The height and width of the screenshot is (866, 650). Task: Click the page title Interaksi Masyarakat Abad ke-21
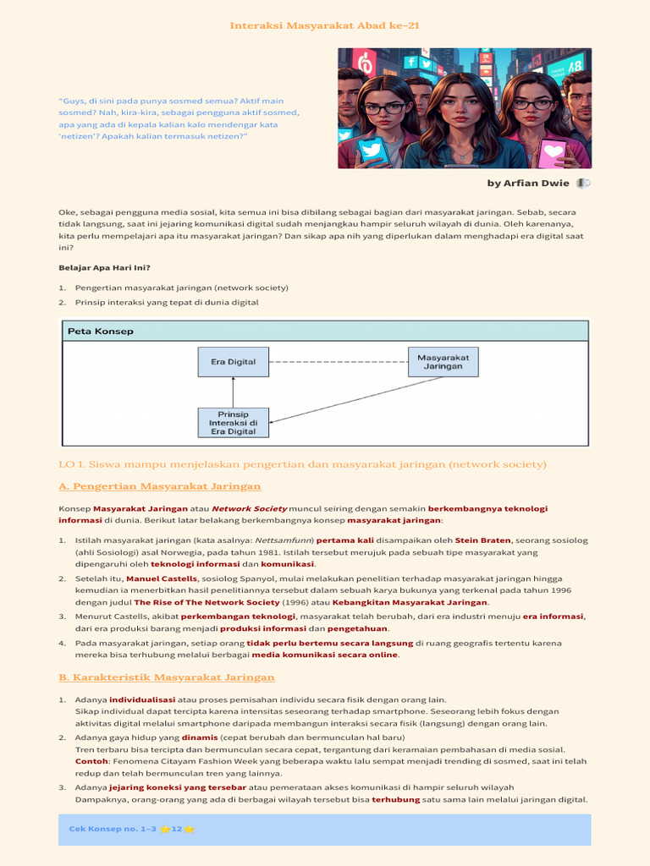[325, 25]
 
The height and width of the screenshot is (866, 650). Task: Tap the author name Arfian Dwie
[528, 184]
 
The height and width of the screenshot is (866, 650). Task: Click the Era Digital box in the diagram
[233, 361]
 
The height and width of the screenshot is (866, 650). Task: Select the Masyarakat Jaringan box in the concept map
[443, 361]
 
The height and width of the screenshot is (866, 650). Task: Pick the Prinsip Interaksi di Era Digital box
[233, 422]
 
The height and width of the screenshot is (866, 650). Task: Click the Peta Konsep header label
[101, 332]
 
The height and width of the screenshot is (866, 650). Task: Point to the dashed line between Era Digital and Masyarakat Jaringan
[339, 361]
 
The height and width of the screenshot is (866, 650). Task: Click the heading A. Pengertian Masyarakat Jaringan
[159, 486]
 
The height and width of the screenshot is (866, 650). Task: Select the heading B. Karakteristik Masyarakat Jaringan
[166, 677]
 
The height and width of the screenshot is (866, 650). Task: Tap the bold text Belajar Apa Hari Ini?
[104, 267]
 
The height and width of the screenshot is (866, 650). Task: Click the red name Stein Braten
[482, 540]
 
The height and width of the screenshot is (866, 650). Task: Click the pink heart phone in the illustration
[553, 151]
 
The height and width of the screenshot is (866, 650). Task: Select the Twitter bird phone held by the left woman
[372, 151]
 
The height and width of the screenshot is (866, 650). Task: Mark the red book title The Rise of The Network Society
[207, 602]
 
